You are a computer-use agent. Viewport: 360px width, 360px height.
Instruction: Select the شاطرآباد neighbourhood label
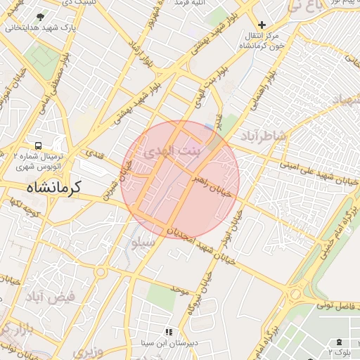263,134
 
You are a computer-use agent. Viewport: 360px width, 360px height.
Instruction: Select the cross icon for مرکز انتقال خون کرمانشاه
262,25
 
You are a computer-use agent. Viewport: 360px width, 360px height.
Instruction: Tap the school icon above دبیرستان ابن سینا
167,331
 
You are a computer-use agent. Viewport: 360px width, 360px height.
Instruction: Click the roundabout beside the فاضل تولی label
295,294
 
